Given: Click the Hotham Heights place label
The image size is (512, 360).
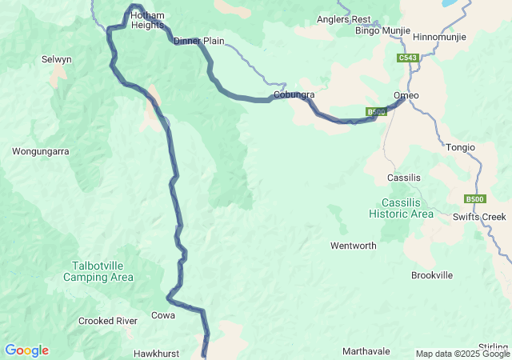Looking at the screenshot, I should [147, 20].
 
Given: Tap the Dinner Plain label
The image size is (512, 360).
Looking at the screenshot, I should [198, 41].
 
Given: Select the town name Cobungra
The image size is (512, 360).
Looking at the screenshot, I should [294, 95].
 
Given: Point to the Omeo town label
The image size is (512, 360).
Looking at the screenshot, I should [406, 96].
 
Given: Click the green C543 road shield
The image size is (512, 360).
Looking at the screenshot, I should [407, 58].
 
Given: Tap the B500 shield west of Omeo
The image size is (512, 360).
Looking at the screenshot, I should [377, 112].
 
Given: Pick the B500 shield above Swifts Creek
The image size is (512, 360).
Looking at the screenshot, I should [475, 199].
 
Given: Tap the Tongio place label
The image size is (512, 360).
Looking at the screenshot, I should [460, 147].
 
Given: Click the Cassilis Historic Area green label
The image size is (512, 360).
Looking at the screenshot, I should [401, 208].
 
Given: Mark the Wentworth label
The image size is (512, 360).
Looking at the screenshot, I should [353, 246].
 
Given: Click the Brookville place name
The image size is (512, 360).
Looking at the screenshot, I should [431, 275].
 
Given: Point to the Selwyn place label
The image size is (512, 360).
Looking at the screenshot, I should [57, 59].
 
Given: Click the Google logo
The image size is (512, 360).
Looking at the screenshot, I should [26, 350].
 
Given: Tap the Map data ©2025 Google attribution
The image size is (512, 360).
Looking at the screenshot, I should [462, 354].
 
